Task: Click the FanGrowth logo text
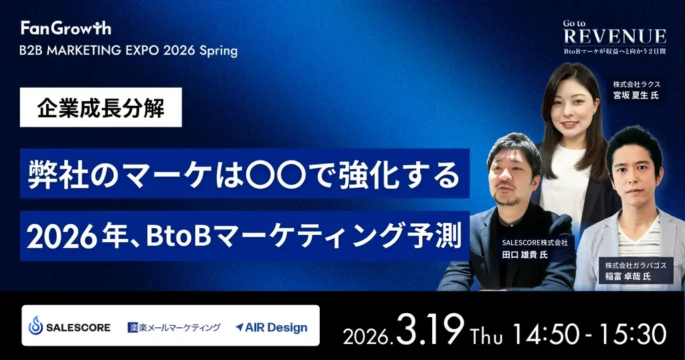pyautogui.click(x=66, y=28)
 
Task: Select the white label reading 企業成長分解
pyautogui.click(x=101, y=107)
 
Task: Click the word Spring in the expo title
pyautogui.click(x=215, y=51)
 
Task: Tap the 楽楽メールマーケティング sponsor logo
pyautogui.click(x=174, y=327)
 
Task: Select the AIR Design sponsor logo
pyautogui.click(x=272, y=327)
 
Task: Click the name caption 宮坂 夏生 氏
pyautogui.click(x=636, y=95)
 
